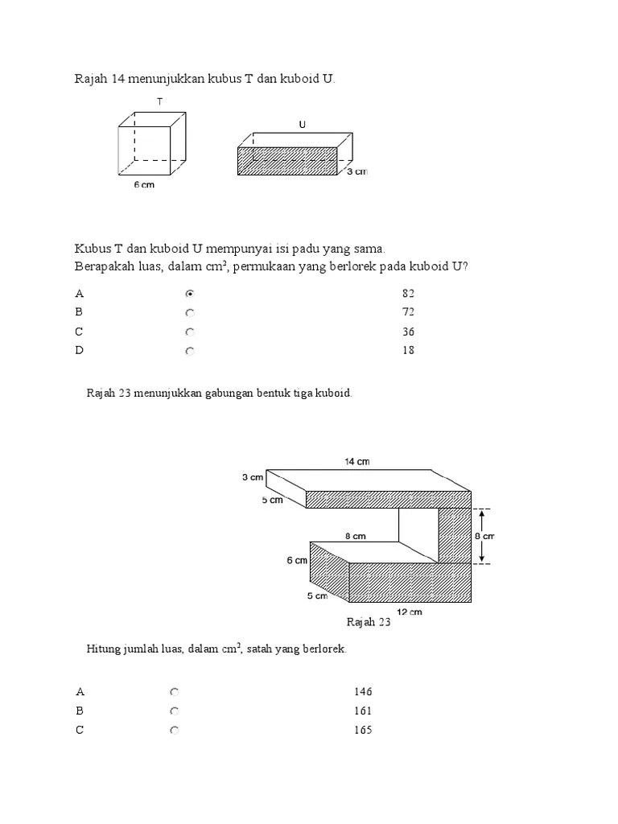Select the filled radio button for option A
189,294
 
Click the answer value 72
408,312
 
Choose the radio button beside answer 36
189,332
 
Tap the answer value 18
408,351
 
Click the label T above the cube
160,101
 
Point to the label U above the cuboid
302,125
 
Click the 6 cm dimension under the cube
144,185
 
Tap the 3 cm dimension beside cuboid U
357,171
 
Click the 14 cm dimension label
356,461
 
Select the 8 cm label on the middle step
356,535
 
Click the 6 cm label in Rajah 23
296,561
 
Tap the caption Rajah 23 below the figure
369,623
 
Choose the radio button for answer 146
175,692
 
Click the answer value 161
363,711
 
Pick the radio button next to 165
175,731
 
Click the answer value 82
408,294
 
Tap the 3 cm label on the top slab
253,477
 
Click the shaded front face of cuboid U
287,161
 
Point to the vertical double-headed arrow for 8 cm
481,536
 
